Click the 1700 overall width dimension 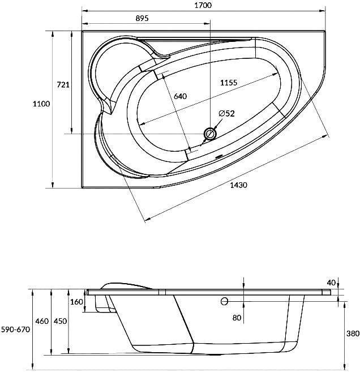click(203, 5)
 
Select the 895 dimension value click(142, 18)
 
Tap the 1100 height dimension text click(41, 104)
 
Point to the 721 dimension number click(63, 84)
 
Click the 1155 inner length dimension click(229, 83)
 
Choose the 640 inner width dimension click(180, 96)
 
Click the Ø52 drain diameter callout click(227, 113)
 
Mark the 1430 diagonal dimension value click(238, 185)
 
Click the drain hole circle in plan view click(210, 134)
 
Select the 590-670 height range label click(16, 330)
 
